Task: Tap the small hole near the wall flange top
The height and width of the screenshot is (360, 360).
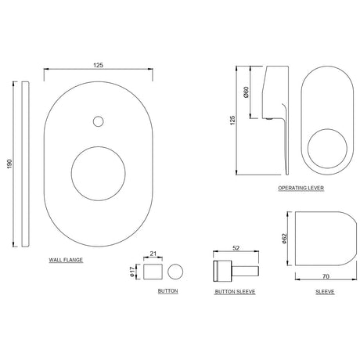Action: pos(97,121)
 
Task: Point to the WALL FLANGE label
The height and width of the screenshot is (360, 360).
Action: pos(66,258)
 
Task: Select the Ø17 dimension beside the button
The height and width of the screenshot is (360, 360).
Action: pos(133,271)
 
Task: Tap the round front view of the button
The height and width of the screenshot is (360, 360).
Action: pos(175,271)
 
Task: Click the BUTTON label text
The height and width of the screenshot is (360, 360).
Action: pos(167,291)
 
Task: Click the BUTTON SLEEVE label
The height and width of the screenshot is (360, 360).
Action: pos(236,291)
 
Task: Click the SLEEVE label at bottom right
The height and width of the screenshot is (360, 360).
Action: pos(325,291)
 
